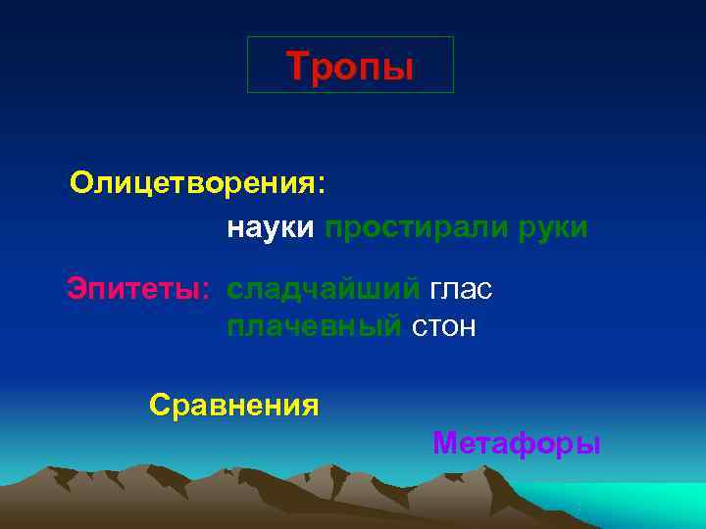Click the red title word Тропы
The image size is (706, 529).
point(350,66)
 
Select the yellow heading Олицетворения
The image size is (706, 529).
point(192,183)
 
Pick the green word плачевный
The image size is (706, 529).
point(314,326)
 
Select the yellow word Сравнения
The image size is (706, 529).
point(234,405)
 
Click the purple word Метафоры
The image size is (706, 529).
point(516,444)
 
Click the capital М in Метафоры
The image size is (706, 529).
point(445,444)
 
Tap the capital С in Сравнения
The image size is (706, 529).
point(160,405)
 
